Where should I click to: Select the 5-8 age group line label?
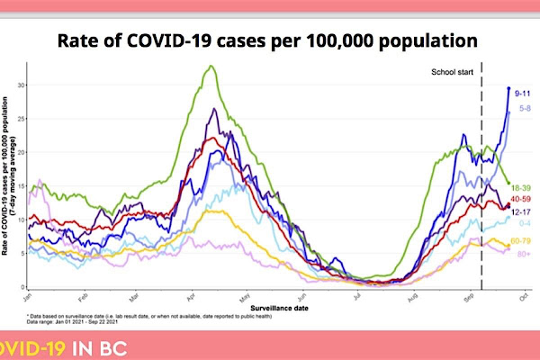(x=521, y=109)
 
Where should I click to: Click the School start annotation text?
(x=451, y=71)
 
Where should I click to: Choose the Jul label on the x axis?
(x=356, y=296)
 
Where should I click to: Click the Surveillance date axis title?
(x=274, y=306)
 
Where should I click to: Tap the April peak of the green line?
(x=210, y=66)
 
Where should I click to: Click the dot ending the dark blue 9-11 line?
(x=508, y=88)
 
